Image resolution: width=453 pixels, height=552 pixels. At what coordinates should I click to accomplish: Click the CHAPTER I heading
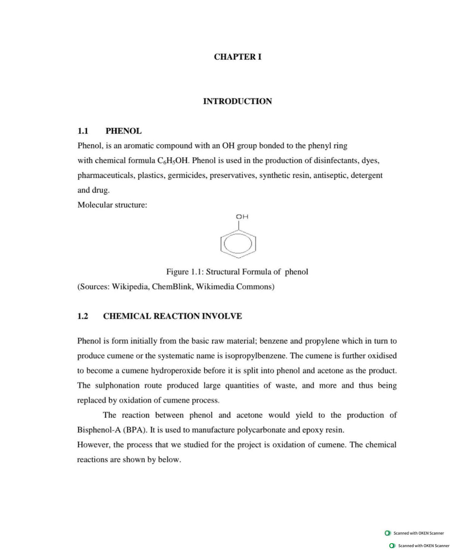(237, 57)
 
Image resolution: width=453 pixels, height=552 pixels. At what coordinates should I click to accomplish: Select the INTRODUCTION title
(237, 101)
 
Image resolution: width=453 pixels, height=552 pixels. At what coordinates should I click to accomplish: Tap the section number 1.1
(83, 131)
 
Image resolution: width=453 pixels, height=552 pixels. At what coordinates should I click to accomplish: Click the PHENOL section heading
(123, 131)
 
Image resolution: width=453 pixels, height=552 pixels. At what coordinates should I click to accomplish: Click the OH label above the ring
(242, 217)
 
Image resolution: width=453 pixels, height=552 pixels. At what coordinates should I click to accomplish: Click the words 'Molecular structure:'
(112, 205)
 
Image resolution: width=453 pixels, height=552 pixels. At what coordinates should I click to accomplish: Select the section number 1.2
(83, 316)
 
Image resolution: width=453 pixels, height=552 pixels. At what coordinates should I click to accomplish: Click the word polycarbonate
(261, 430)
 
